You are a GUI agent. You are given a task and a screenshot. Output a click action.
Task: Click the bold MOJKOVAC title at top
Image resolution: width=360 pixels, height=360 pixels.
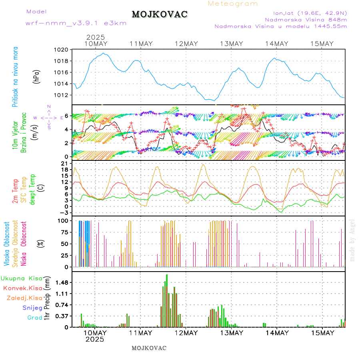click(160, 14)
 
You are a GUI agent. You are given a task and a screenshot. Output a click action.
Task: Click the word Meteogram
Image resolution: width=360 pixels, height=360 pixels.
click(233, 4)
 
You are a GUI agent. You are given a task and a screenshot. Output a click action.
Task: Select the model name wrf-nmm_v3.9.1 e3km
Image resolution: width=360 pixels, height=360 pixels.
click(76, 23)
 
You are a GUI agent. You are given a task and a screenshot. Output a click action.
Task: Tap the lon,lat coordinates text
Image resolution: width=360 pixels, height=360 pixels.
click(310, 13)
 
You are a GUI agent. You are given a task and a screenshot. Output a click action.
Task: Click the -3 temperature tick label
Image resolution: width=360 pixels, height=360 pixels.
click(63, 212)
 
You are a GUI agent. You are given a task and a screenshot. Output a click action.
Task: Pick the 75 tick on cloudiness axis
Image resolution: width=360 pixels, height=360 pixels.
click(63, 232)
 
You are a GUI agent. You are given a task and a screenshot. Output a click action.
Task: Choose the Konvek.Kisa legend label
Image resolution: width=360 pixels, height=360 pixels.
click(22, 288)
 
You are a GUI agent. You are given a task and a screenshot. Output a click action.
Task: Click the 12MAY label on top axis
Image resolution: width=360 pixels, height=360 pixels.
click(186, 44)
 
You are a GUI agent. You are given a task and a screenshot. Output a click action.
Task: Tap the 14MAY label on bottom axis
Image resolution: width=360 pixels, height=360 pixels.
click(277, 333)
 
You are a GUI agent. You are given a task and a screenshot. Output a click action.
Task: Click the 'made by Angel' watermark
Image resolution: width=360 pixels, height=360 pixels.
click(352, 240)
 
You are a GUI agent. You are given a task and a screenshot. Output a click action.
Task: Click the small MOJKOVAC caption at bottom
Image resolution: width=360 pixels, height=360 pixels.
click(149, 348)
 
